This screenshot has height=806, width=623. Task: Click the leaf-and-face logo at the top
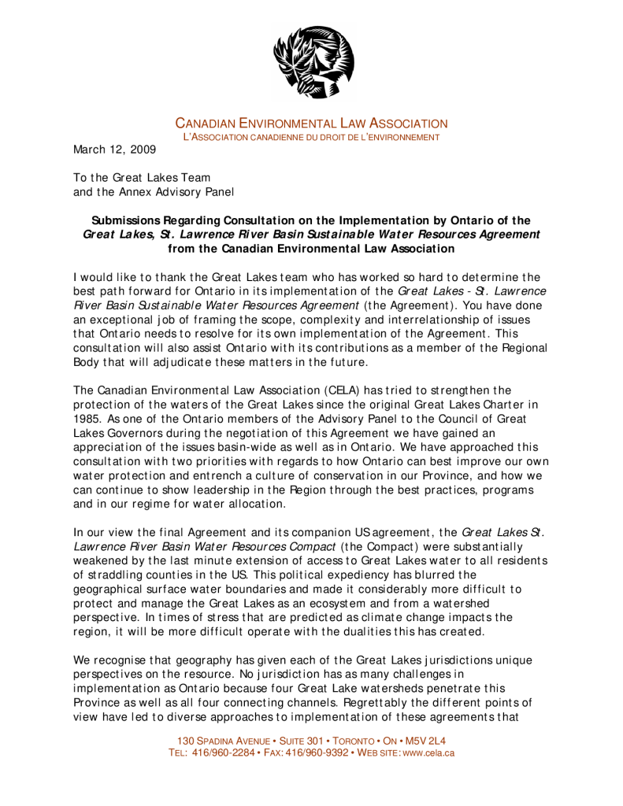coord(313,62)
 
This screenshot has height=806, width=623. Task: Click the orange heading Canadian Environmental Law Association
coord(311,124)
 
